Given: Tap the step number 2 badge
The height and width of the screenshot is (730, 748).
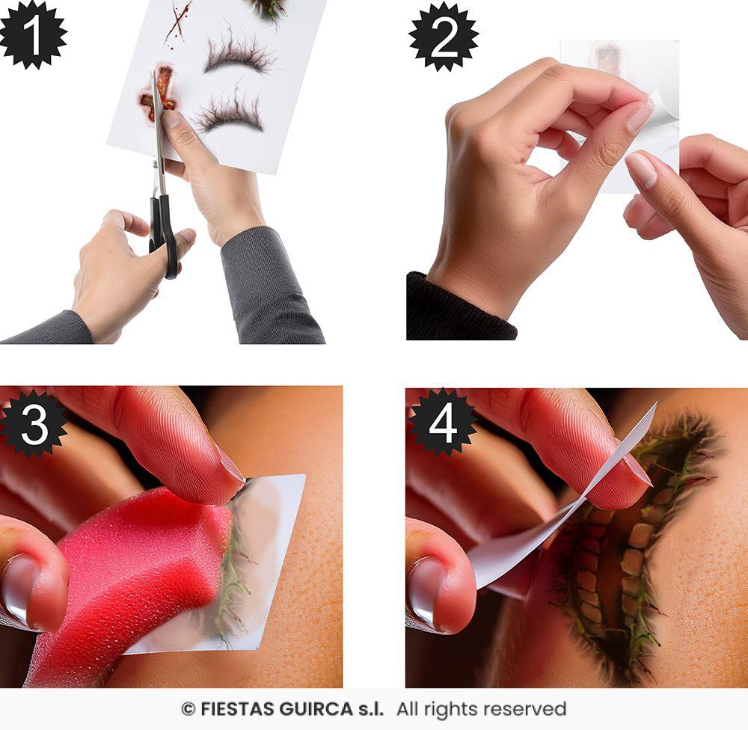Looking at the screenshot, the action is point(443,36).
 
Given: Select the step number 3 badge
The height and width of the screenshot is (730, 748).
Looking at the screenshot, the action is point(34,424).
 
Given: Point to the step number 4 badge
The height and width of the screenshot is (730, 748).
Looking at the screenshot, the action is point(442,423).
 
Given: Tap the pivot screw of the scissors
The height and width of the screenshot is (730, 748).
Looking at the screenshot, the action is point(155,165).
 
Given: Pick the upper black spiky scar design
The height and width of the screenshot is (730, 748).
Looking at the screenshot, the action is point(239,53).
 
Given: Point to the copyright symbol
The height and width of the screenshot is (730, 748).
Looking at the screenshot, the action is point(188,710).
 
